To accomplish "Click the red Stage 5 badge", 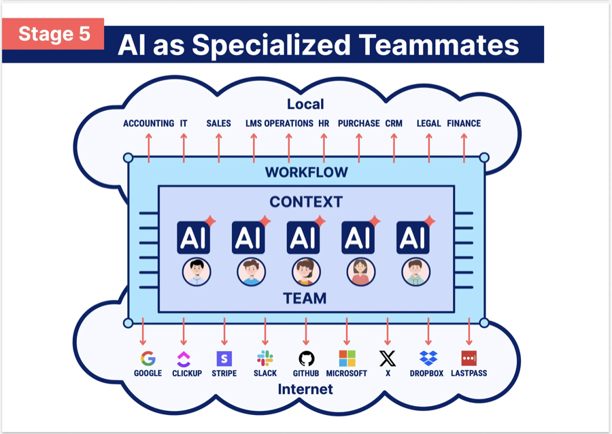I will click(54, 34).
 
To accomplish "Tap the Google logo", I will click(148, 358).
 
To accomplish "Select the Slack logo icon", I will click(265, 358).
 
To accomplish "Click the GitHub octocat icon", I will click(306, 358).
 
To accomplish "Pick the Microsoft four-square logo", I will click(347, 358).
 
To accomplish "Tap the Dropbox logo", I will click(428, 358).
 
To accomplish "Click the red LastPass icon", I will click(469, 358).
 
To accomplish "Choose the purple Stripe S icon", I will click(224, 358).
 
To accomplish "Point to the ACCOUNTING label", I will click(148, 123).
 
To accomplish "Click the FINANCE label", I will click(464, 123).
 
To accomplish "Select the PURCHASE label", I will click(358, 123).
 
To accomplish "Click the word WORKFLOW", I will click(306, 172).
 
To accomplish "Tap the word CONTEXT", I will click(306, 202).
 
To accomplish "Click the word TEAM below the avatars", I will click(306, 298).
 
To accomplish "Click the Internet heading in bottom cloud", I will click(306, 389).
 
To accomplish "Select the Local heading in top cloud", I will click(305, 104).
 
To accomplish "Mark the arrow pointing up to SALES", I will click(218, 147).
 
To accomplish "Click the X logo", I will click(388, 358).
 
